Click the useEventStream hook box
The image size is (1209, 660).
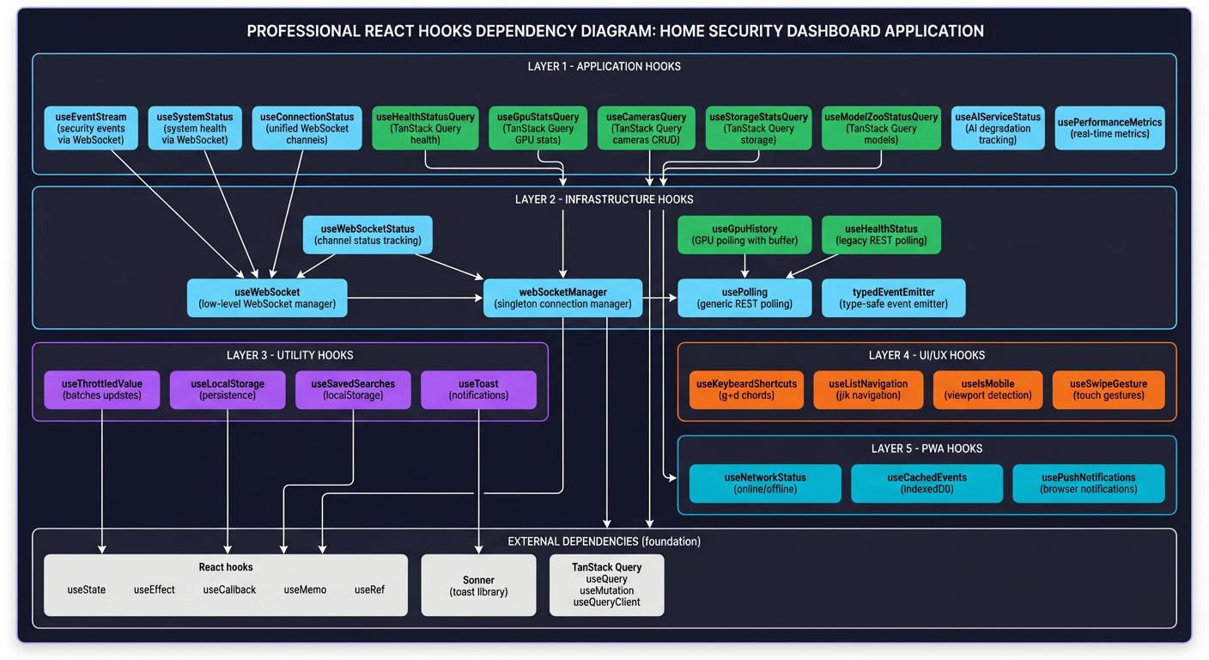91,128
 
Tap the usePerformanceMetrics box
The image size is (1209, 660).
1109,128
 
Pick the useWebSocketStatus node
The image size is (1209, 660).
368,235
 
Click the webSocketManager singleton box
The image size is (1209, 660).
562,297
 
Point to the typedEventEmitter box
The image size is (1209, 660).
893,297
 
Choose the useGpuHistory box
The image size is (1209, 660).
744,235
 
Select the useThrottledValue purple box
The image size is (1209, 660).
102,389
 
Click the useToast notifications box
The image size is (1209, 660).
478,389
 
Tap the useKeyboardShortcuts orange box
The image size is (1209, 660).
746,389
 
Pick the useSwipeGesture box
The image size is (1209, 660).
1109,389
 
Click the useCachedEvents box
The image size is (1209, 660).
926,483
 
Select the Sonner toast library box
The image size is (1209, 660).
478,585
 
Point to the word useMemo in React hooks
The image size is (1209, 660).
305,590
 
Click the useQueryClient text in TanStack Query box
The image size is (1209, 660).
606,602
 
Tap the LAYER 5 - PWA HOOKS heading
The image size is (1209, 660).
926,449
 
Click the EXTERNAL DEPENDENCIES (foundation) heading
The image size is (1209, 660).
604,541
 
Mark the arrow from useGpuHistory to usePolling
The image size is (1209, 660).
744,266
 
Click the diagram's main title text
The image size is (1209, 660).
615,32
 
